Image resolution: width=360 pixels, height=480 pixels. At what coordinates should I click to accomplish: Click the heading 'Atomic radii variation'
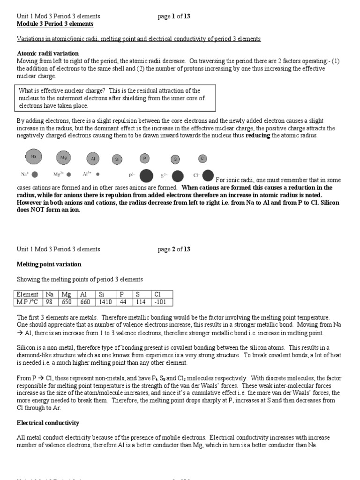(48, 53)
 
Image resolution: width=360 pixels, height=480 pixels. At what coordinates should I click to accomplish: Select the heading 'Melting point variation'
(49, 264)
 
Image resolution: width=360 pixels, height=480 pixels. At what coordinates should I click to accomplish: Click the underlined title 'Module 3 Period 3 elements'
(55, 23)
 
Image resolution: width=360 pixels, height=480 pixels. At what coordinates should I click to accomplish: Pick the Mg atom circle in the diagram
(63, 158)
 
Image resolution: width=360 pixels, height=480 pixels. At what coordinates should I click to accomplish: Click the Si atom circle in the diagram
(117, 159)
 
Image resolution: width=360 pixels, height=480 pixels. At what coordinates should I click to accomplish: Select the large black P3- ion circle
(146, 176)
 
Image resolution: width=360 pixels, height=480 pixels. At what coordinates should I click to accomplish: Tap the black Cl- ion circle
(208, 175)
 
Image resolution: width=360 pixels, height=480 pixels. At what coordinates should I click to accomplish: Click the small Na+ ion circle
(35, 174)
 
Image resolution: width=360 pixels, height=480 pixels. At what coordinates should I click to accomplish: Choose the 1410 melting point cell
(105, 301)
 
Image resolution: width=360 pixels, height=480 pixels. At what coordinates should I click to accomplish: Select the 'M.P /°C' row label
(28, 301)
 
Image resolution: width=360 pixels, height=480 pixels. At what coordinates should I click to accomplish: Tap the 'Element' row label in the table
(28, 294)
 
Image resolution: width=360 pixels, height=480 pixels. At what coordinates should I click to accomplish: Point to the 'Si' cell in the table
(102, 294)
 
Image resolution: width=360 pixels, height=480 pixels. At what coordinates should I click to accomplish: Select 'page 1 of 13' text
(174, 16)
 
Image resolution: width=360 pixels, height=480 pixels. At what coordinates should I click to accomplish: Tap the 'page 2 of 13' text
(174, 249)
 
